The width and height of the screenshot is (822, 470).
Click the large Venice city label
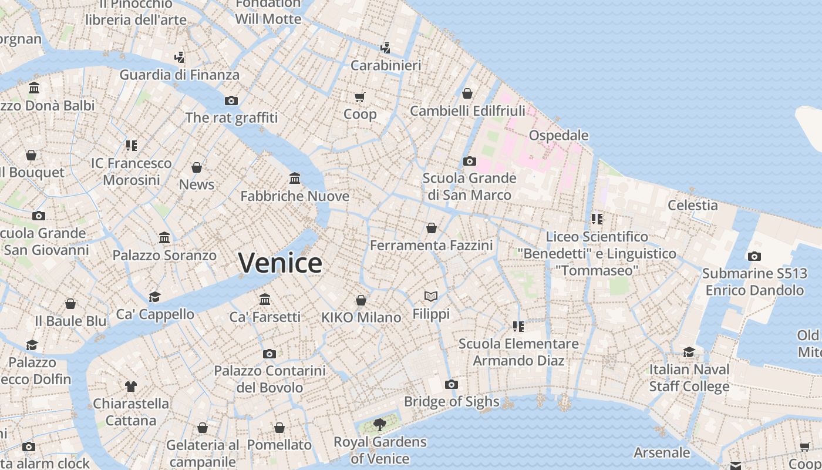pyautogui.click(x=280, y=263)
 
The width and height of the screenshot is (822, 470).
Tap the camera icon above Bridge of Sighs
pyautogui.click(x=451, y=385)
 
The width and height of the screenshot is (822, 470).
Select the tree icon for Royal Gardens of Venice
pyautogui.click(x=380, y=424)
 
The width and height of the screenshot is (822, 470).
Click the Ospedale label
pyautogui.click(x=558, y=136)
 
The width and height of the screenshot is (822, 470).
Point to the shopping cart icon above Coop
pyautogui.click(x=359, y=96)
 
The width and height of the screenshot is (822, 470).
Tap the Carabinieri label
pyautogui.click(x=386, y=65)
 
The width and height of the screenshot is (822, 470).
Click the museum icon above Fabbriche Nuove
pyautogui.click(x=295, y=178)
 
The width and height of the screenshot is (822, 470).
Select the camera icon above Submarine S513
pyautogui.click(x=754, y=256)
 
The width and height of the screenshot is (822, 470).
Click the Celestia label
pyautogui.click(x=693, y=205)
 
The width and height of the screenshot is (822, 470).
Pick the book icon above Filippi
pyautogui.click(x=431, y=296)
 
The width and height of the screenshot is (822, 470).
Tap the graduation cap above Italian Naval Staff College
pyautogui.click(x=689, y=352)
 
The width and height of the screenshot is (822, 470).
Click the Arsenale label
pyautogui.click(x=662, y=452)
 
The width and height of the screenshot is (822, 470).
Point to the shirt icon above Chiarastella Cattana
pyautogui.click(x=130, y=386)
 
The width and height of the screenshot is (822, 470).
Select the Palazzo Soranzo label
pyautogui.click(x=164, y=256)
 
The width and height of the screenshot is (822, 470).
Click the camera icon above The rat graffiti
pyautogui.click(x=231, y=100)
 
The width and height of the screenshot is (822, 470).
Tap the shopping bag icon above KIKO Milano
pyautogui.click(x=361, y=300)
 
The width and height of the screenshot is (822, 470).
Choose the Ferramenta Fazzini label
pyautogui.click(x=432, y=245)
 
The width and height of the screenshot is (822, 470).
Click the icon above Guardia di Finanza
pyautogui.click(x=180, y=58)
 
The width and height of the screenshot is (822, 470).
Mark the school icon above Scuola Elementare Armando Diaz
pyautogui.click(x=518, y=326)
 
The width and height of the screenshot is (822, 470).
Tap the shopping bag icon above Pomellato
pyautogui.click(x=279, y=428)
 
